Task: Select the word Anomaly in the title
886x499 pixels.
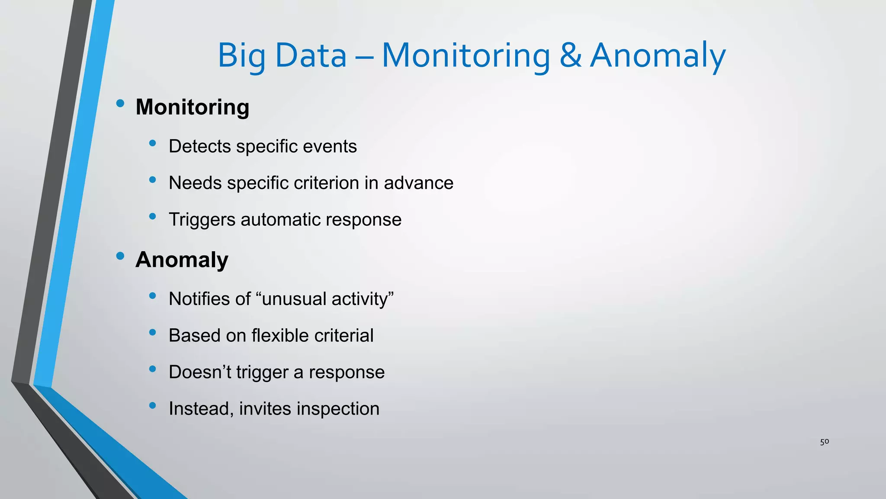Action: coord(658,56)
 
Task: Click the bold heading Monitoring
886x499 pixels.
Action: coord(192,107)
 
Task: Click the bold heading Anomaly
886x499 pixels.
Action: coord(182,260)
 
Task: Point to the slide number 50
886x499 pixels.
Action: coord(824,442)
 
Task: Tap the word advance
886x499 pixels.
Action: coord(418,183)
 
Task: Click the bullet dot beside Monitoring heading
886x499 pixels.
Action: coord(120,104)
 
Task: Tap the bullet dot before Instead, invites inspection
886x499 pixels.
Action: coord(152,405)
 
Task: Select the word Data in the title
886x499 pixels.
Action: coord(311,56)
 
